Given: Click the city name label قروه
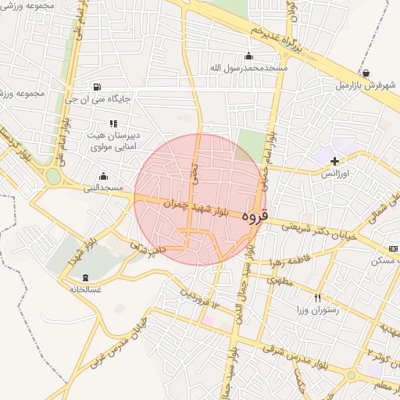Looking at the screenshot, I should [x=255, y=215].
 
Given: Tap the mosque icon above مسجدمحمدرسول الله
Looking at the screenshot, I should [x=249, y=55].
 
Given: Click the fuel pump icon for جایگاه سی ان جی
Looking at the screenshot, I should [x=96, y=87].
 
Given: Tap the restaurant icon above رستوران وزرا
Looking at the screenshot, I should [x=317, y=298].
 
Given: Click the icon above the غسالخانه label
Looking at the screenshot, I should [x=85, y=277].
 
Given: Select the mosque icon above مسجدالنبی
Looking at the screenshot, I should [x=103, y=176].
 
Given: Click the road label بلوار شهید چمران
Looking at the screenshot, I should [x=197, y=209].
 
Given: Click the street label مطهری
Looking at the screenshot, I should [x=279, y=280].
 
